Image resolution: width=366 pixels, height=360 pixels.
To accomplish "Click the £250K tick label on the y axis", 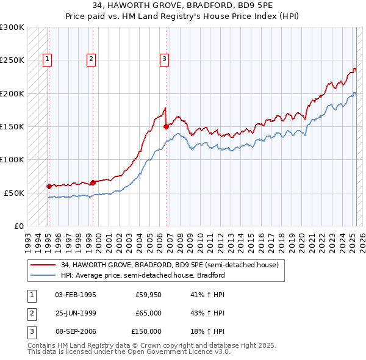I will [x=12, y=60].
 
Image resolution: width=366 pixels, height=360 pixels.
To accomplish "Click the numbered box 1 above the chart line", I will [x=48, y=59].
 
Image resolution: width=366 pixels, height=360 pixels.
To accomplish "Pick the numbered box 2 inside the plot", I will [x=91, y=59].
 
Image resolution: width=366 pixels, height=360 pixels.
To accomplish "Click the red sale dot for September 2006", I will [x=166, y=127].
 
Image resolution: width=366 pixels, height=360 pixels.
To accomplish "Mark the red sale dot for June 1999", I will [x=93, y=182].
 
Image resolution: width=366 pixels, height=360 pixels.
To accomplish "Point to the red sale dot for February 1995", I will [x=49, y=186].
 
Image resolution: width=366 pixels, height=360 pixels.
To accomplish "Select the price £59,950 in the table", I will [x=148, y=295].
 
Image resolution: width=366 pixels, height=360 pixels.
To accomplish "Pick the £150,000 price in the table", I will [x=146, y=331].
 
